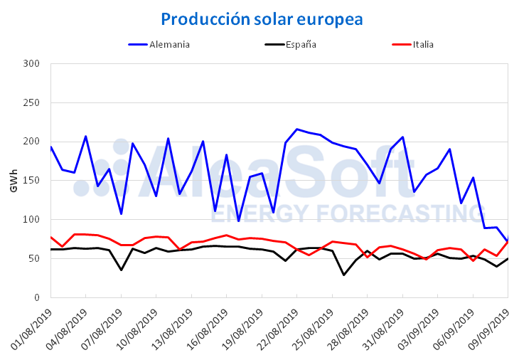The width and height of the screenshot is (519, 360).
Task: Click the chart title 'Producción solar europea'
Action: [x=262, y=18]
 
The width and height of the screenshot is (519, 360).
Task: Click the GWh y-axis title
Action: [x=14, y=181]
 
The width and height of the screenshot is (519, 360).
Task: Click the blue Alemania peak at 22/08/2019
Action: [x=297, y=129]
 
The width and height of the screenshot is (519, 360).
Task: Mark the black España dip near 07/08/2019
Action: [x=122, y=270]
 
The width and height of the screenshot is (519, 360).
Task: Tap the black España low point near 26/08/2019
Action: [x=344, y=275]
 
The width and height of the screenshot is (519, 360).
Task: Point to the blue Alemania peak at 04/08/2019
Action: [x=86, y=136]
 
